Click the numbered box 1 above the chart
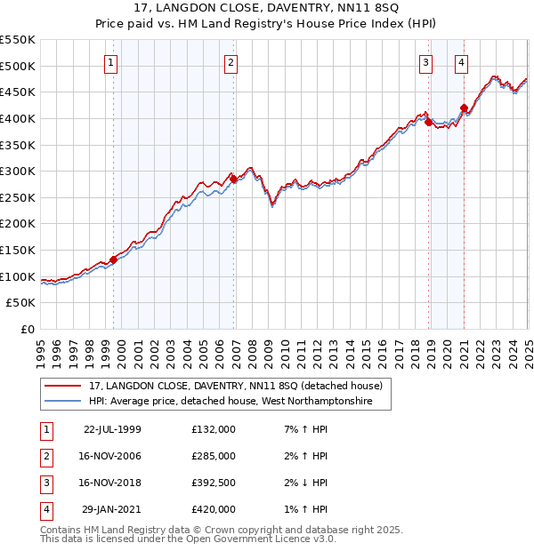[x=110, y=62]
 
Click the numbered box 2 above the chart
[x=231, y=62]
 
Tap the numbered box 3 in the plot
[x=426, y=62]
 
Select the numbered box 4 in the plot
[x=462, y=62]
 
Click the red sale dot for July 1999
[x=114, y=260]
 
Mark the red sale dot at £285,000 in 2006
[x=233, y=179]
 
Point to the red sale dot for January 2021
[x=464, y=108]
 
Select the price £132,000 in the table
[x=214, y=429]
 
